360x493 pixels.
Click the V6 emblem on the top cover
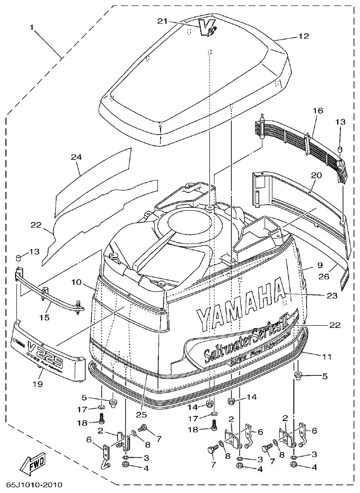(x=208, y=29)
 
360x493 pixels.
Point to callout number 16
(x=318, y=111)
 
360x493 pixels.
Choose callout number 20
(x=317, y=175)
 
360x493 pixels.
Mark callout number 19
(x=37, y=384)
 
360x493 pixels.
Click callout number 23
(x=332, y=296)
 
